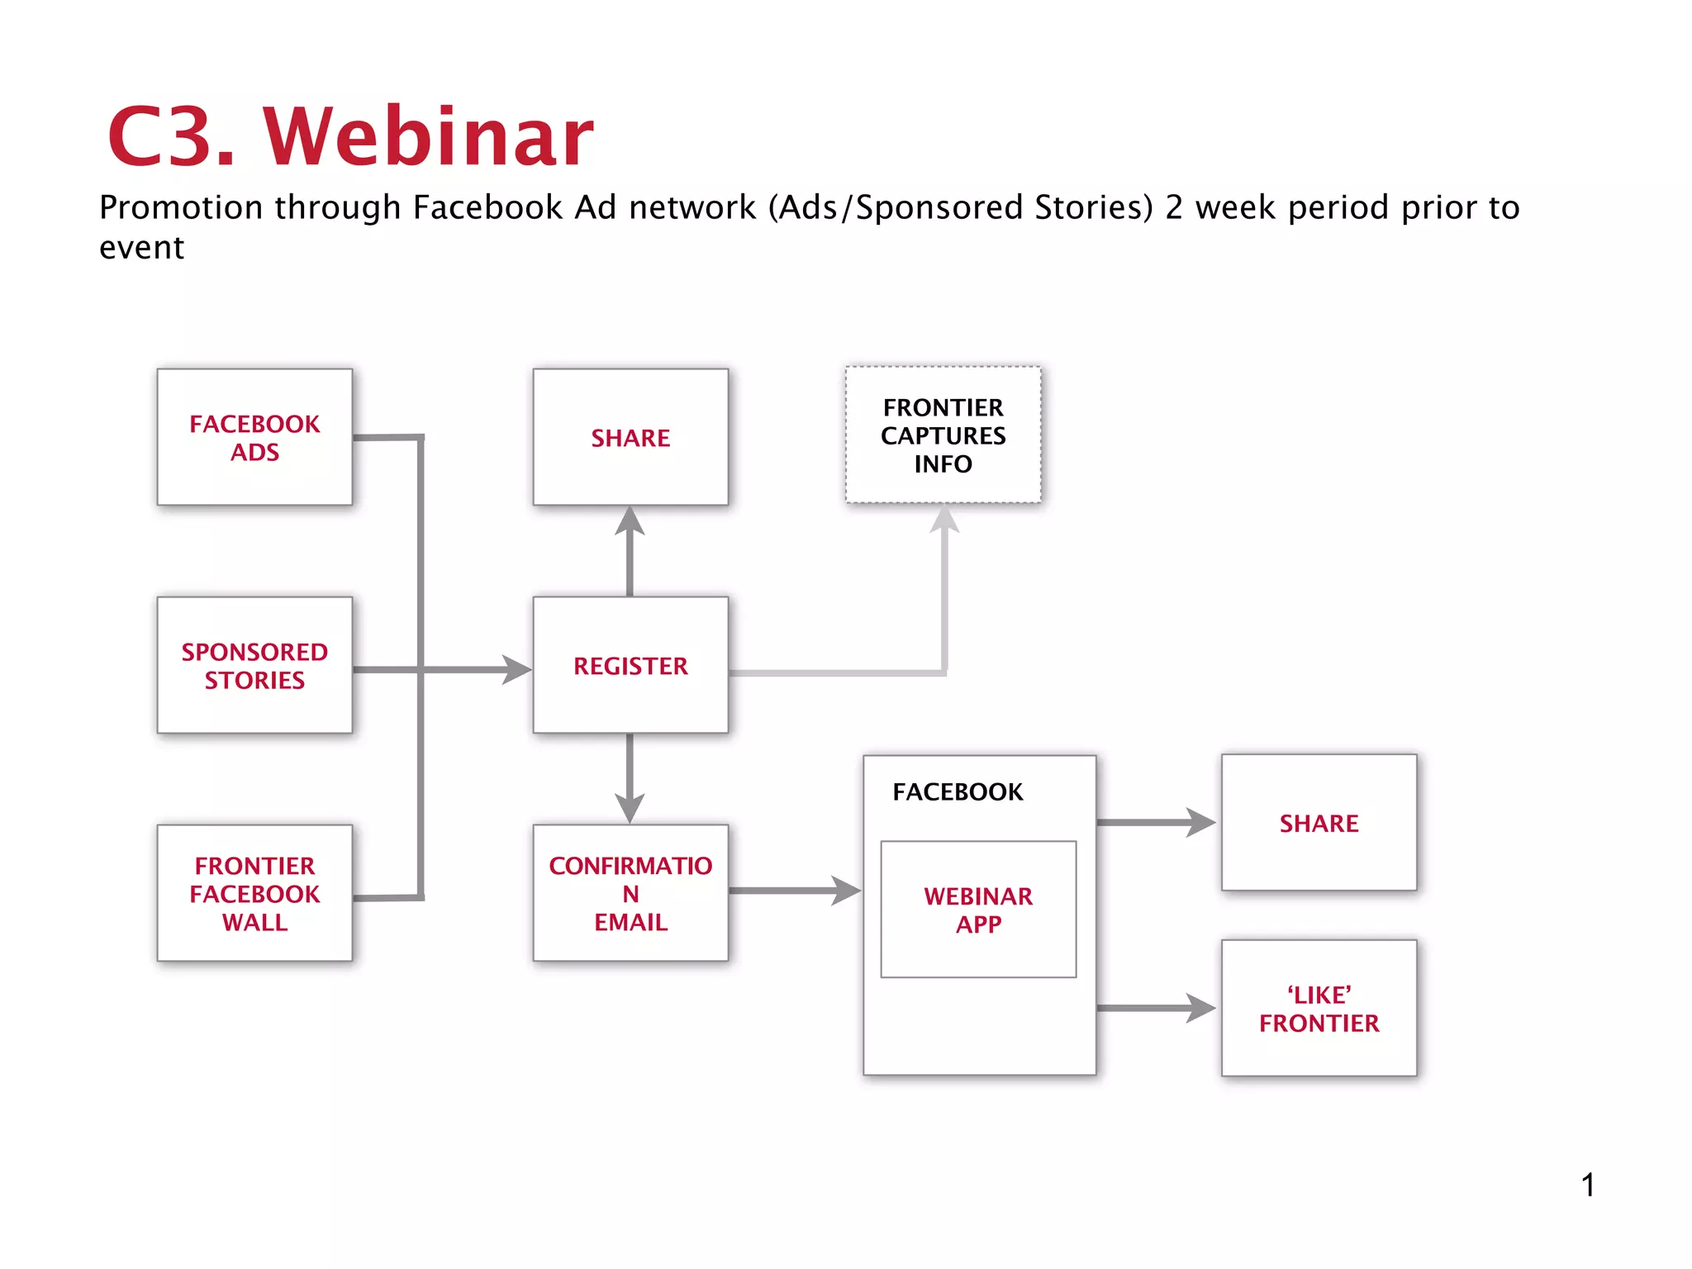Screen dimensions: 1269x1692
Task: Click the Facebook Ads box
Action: [254, 437]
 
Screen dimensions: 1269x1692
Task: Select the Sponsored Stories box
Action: [254, 665]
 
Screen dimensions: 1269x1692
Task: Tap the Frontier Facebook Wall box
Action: [254, 893]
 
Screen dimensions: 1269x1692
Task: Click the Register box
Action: [630, 665]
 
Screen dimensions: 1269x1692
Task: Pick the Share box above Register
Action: [630, 437]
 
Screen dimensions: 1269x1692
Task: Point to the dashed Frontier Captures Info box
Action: [943, 435]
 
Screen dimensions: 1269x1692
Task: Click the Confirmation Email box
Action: [630, 893]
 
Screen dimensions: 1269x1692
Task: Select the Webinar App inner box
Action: [978, 910]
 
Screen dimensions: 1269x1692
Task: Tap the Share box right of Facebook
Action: [1319, 823]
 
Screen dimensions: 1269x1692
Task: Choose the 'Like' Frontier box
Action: [1319, 1008]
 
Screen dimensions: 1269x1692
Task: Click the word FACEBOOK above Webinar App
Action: [958, 791]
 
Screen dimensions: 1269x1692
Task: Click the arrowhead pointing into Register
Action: [517, 669]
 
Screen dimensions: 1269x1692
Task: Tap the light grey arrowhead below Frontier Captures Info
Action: [944, 520]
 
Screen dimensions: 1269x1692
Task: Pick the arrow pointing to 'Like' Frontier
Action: [1157, 1008]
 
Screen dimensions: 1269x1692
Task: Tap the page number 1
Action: [1588, 1185]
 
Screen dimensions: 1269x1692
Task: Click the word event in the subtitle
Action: [141, 248]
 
